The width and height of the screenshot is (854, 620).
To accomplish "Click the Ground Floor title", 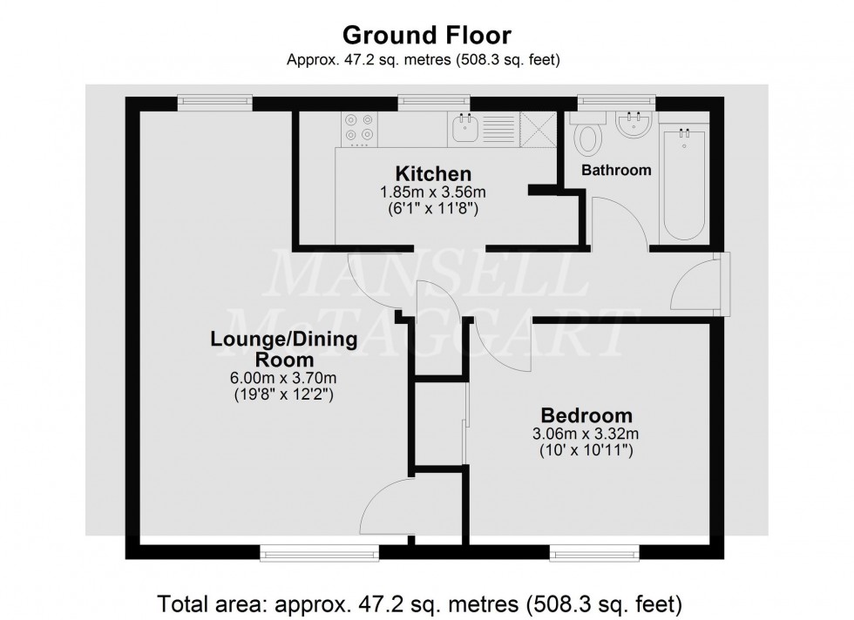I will pos(426,36).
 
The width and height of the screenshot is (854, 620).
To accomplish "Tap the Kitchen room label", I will pos(433,173).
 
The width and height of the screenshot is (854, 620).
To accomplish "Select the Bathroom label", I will pos(616,171).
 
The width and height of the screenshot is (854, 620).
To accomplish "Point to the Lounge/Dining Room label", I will pos(284,348).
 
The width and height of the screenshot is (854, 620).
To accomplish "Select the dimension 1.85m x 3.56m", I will pos(433,192).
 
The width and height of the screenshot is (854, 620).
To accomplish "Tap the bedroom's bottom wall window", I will pos(594,551).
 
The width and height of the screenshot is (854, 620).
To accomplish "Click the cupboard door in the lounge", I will pos(383,509).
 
